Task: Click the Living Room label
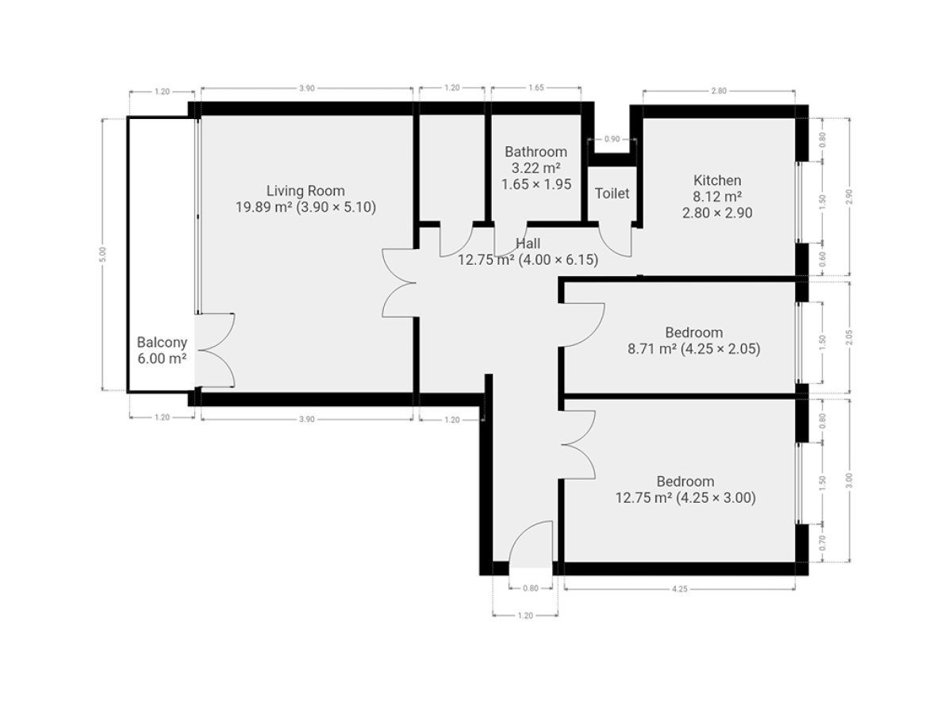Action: click(305, 190)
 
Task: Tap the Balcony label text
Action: click(162, 343)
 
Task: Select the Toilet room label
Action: click(612, 194)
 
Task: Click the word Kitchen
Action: click(717, 180)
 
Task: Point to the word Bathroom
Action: click(535, 152)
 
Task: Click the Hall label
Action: click(528, 244)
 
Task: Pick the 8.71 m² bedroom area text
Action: click(652, 348)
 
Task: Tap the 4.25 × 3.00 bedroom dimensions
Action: click(716, 497)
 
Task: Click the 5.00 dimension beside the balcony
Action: click(102, 254)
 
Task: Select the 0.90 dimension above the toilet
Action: click(612, 139)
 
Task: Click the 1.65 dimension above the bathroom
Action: click(536, 87)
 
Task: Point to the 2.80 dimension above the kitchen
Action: click(719, 91)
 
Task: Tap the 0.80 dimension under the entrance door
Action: click(531, 589)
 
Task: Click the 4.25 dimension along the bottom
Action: click(680, 589)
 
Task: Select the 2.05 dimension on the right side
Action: click(849, 337)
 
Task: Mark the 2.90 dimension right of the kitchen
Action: click(849, 197)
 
